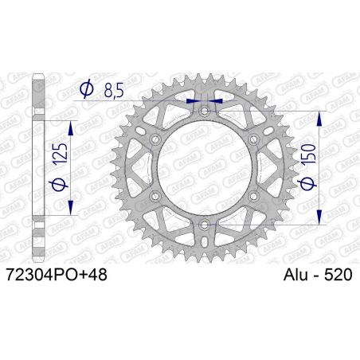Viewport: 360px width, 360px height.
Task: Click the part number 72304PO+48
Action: (x=54, y=275)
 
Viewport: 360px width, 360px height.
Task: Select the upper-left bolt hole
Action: (x=154, y=140)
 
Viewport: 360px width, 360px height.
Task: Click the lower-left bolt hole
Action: (x=154, y=198)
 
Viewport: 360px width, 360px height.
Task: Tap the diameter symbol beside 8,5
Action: (x=87, y=91)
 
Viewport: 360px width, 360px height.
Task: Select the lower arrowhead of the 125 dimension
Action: (x=71, y=212)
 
